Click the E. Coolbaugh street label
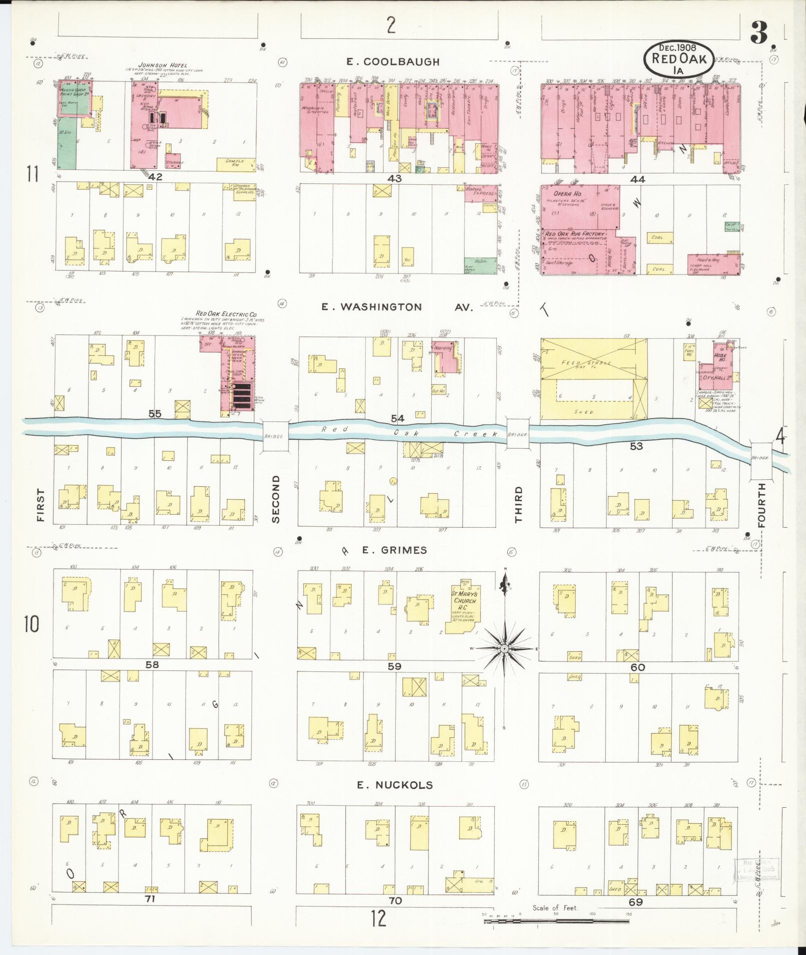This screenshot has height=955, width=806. pyautogui.click(x=393, y=62)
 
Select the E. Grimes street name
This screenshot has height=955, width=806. pyautogui.click(x=394, y=550)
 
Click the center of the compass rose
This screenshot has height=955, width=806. pyautogui.click(x=504, y=648)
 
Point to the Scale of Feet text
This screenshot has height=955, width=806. pyautogui.click(x=555, y=908)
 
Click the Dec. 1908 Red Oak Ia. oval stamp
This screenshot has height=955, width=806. pyautogui.click(x=678, y=58)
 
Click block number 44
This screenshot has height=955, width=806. pyautogui.click(x=638, y=179)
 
